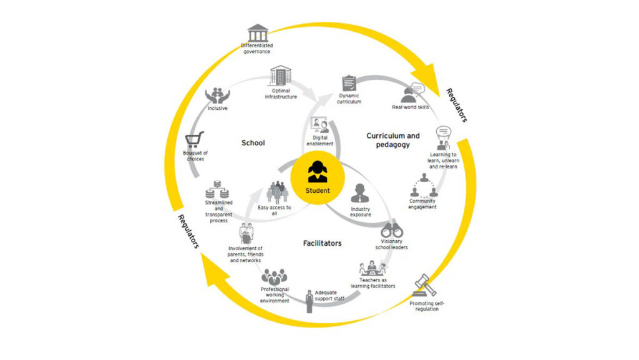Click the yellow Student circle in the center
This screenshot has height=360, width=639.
tap(318, 178)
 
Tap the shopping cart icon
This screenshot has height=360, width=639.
tap(195, 140)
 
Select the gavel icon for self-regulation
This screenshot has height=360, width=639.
tap(424, 286)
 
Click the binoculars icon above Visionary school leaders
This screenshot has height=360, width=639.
tap(392, 230)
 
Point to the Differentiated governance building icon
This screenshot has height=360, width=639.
tap(258, 32)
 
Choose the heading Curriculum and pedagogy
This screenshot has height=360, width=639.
tap(393, 140)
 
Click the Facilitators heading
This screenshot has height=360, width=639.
tap(323, 243)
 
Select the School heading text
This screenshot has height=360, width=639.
tap(253, 143)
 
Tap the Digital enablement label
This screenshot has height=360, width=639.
tap(320, 140)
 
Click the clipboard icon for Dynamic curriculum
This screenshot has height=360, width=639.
tap(349, 83)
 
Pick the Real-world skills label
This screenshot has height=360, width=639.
tap(411, 107)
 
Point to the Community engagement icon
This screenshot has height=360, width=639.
tap(424, 186)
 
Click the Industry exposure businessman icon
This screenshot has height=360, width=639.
tap(360, 193)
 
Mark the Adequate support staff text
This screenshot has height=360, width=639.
tap(329, 296)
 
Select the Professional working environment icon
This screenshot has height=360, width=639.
tap(275, 277)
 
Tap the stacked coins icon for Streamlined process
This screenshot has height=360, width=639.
tap(217, 190)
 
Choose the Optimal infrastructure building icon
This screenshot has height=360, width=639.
tap(280, 75)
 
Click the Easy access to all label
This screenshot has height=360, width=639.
tap(275, 210)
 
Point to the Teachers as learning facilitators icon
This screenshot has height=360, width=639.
tap(373, 268)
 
